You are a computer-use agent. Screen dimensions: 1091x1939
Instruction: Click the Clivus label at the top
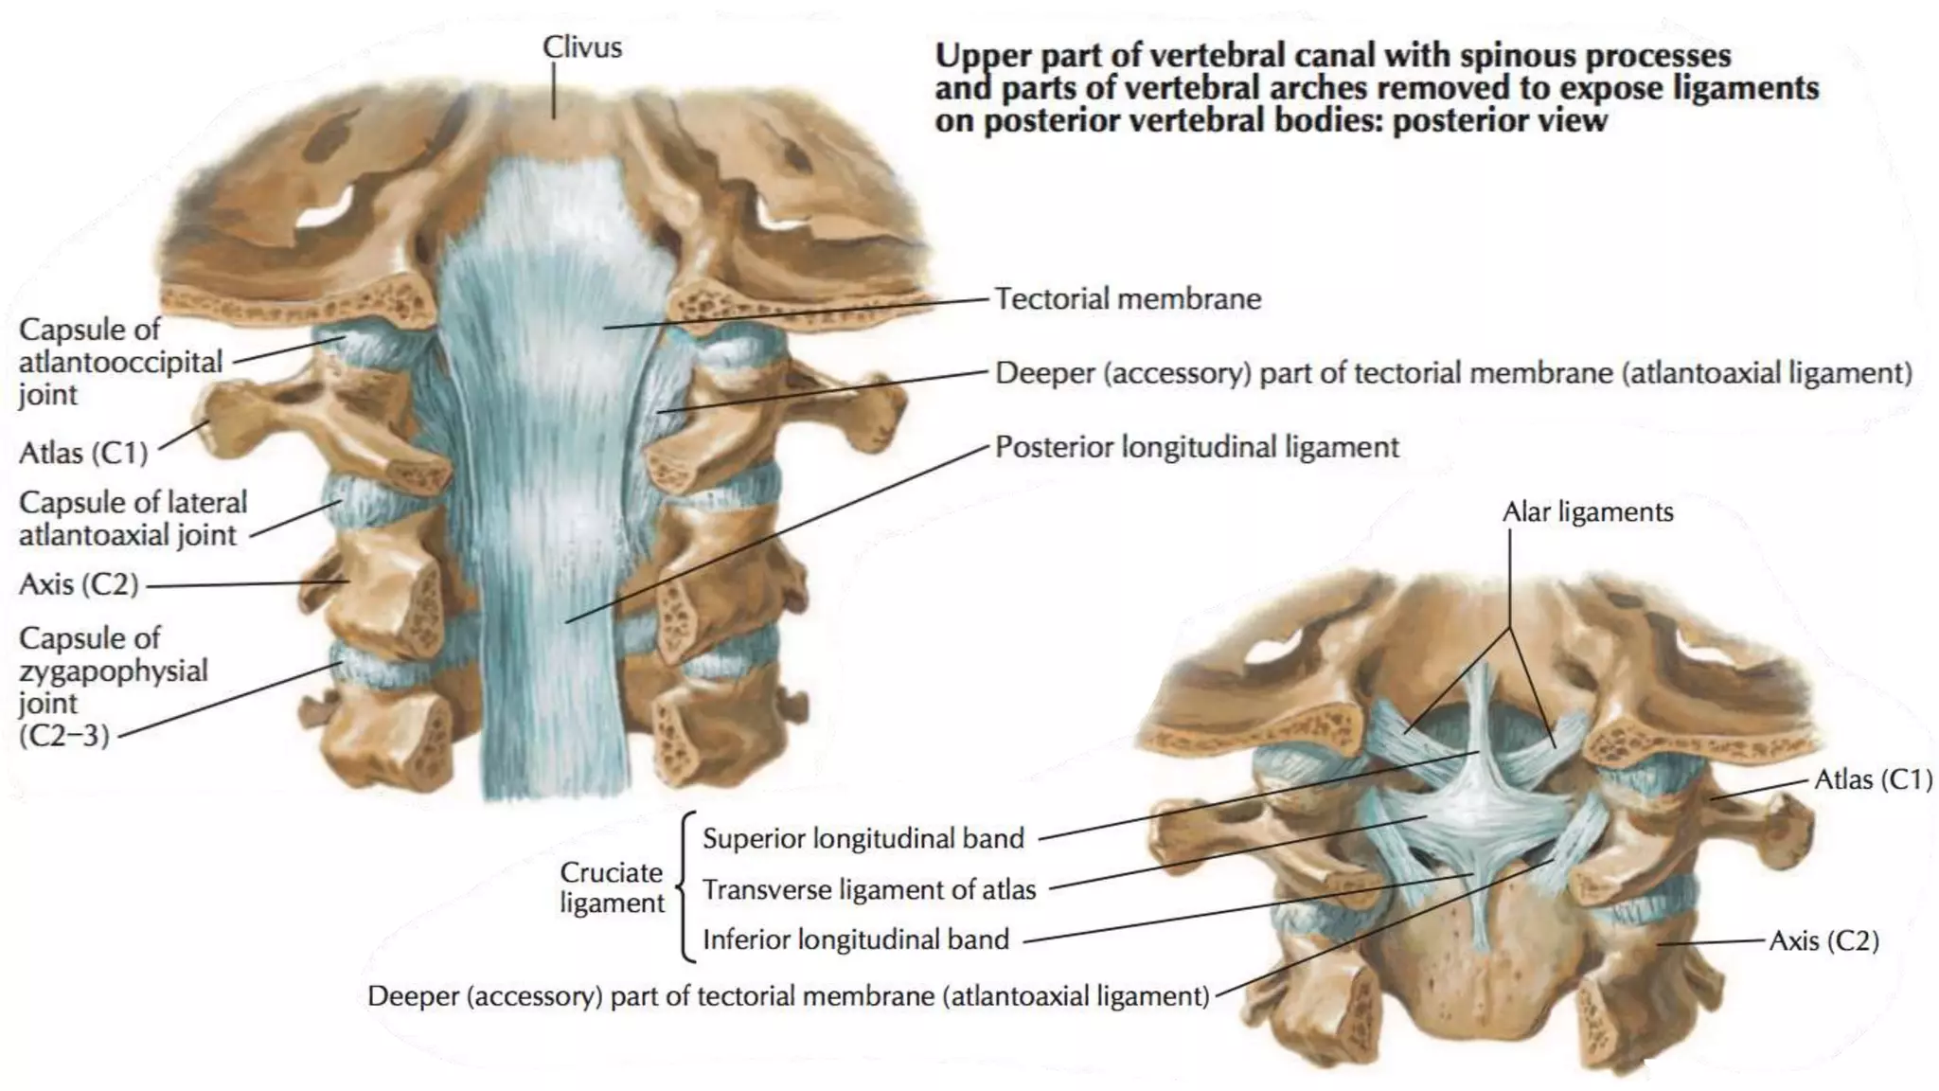coord(581,46)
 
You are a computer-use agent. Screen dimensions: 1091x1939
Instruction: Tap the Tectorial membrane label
coord(1128,299)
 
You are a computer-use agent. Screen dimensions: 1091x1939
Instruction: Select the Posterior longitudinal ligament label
coord(1197,447)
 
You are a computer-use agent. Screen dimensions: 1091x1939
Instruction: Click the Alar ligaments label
coord(1588,512)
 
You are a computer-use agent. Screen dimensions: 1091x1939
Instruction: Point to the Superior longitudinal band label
coord(863,838)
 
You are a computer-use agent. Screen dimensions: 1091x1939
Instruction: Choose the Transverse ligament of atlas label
coord(868,889)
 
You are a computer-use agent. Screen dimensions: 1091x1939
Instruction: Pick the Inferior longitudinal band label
coord(855,939)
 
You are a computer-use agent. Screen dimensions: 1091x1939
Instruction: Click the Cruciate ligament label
coord(612,887)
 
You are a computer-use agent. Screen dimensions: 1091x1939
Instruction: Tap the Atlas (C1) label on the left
coord(83,453)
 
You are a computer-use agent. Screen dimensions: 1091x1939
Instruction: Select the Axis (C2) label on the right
coord(1823,940)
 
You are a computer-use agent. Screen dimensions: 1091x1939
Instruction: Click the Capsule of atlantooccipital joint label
coord(120,362)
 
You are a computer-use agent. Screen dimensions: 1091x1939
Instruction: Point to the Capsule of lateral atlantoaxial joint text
coord(132,518)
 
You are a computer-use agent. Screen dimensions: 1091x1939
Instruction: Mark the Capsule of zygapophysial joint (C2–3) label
coord(112,687)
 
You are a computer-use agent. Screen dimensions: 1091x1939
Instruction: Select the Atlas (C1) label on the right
coord(1872,779)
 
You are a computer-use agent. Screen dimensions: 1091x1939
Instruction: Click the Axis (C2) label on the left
coord(79,584)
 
